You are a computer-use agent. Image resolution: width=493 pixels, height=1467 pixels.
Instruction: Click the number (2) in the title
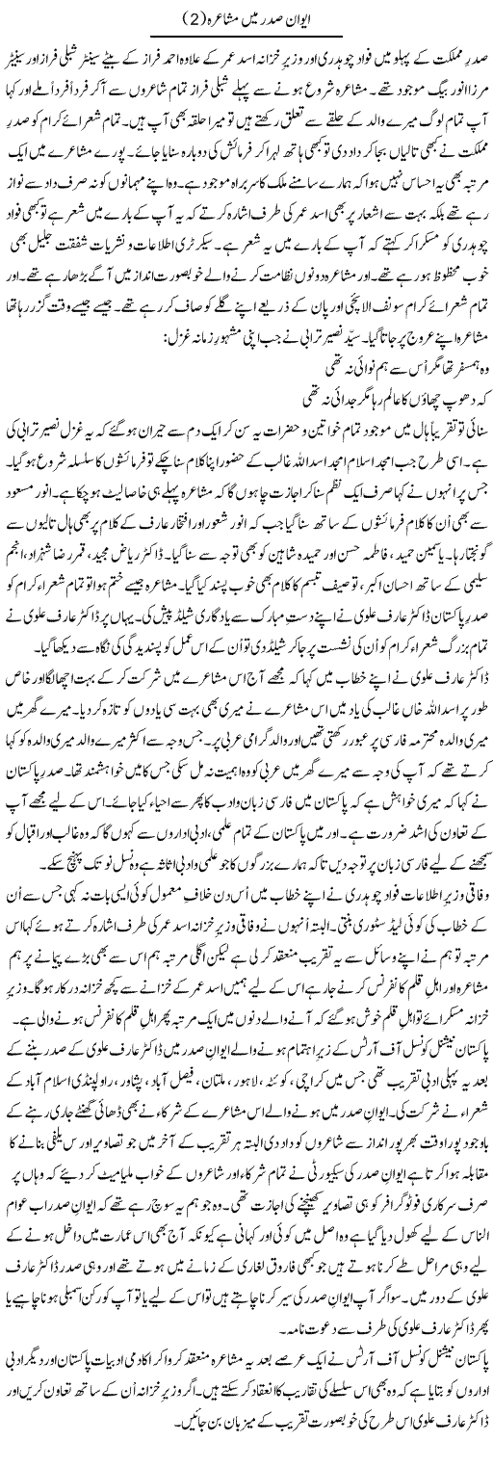click(177, 13)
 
